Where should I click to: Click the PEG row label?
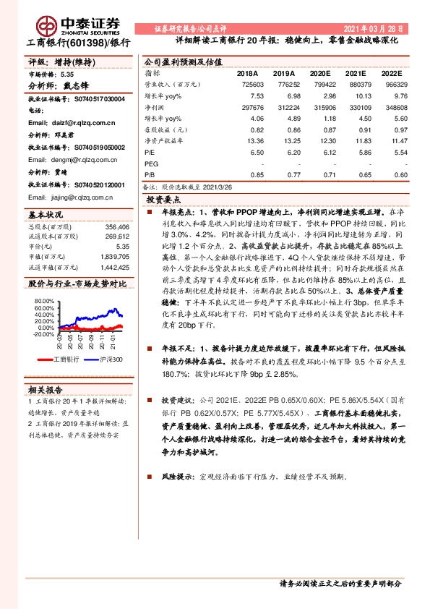(x=152, y=164)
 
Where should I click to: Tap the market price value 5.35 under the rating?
(x=66, y=74)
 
